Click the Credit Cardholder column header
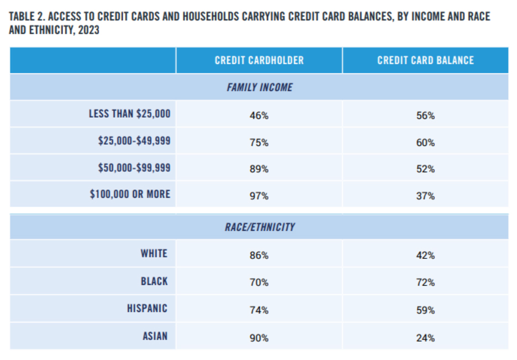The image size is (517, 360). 259,60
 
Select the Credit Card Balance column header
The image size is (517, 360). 425,60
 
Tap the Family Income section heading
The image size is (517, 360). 259,87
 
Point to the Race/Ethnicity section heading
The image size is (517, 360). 259,227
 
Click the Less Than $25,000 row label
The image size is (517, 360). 130,114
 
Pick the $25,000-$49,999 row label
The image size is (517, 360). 134,141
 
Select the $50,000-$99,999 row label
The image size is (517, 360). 134,167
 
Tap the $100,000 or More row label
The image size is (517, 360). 130,194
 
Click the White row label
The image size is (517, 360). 154,253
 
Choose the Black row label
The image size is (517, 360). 154,282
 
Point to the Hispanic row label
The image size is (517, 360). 147,309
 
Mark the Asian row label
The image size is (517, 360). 154,336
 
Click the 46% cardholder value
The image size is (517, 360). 259,115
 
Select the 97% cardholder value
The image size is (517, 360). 259,196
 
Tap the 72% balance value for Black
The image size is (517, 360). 425,282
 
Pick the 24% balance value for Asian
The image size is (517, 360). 425,337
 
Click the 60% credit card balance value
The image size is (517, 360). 425,142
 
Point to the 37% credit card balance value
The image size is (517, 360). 425,196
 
